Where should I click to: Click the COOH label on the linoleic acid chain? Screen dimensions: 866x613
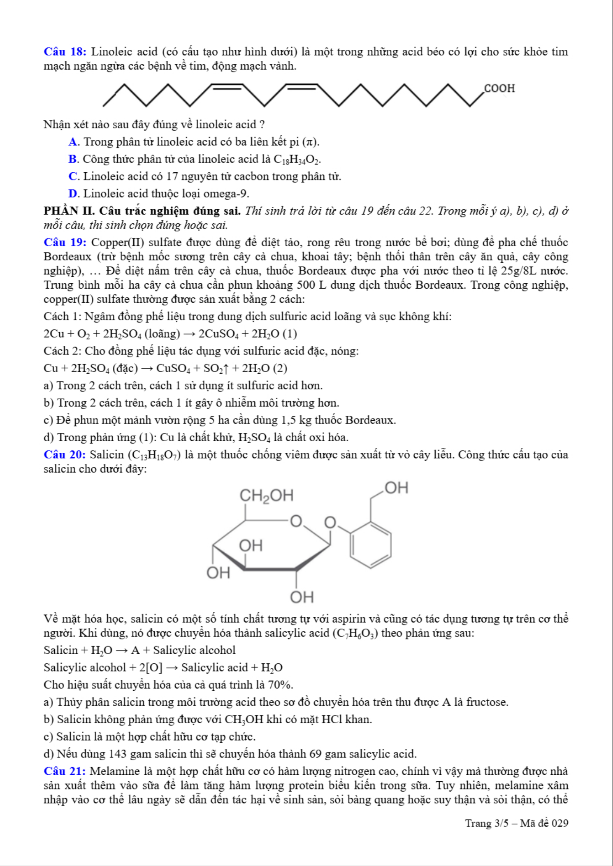[x=499, y=88]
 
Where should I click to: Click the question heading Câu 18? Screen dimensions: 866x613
[x=65, y=52]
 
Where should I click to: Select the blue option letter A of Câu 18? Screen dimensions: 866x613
[x=73, y=142]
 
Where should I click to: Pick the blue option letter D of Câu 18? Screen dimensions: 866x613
[x=73, y=194]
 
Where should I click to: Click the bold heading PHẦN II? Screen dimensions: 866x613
[x=68, y=211]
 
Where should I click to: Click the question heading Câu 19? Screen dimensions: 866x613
[x=65, y=243]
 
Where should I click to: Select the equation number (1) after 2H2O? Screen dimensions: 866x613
[x=290, y=334]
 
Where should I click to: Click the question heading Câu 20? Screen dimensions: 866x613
[x=65, y=455]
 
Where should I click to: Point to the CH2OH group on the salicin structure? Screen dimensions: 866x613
[x=267, y=496]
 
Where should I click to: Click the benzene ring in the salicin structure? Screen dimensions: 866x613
[x=370, y=545]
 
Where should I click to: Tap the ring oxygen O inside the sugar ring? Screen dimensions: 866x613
[x=296, y=521]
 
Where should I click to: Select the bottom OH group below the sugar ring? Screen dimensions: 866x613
[x=302, y=597]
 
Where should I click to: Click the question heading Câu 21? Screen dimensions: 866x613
[x=65, y=771]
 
